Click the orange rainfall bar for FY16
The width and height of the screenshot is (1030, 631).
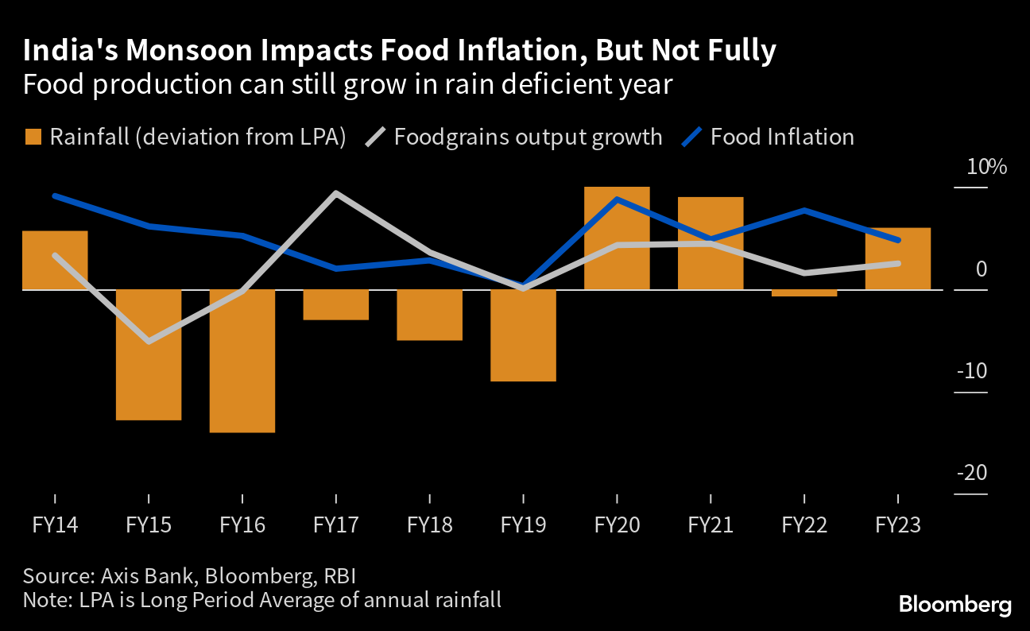(x=242, y=361)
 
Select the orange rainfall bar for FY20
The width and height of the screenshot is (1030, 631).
(x=618, y=238)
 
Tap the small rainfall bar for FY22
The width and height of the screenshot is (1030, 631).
(x=805, y=293)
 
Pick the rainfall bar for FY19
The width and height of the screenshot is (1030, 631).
(x=524, y=335)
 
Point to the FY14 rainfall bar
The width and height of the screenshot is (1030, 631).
(x=55, y=260)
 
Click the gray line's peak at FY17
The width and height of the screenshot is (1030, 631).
(x=336, y=193)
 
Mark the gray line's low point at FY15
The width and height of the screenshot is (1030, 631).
(x=149, y=342)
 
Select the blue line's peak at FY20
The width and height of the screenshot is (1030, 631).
(x=618, y=199)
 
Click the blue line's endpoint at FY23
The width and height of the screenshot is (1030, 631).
(x=898, y=240)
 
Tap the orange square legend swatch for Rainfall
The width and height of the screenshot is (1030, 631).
(x=33, y=137)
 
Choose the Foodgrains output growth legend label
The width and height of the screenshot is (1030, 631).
(x=528, y=137)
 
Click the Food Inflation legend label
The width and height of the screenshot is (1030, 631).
(x=782, y=137)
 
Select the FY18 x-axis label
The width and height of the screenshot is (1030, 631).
(x=430, y=525)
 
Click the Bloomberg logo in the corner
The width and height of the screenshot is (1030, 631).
(x=954, y=605)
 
